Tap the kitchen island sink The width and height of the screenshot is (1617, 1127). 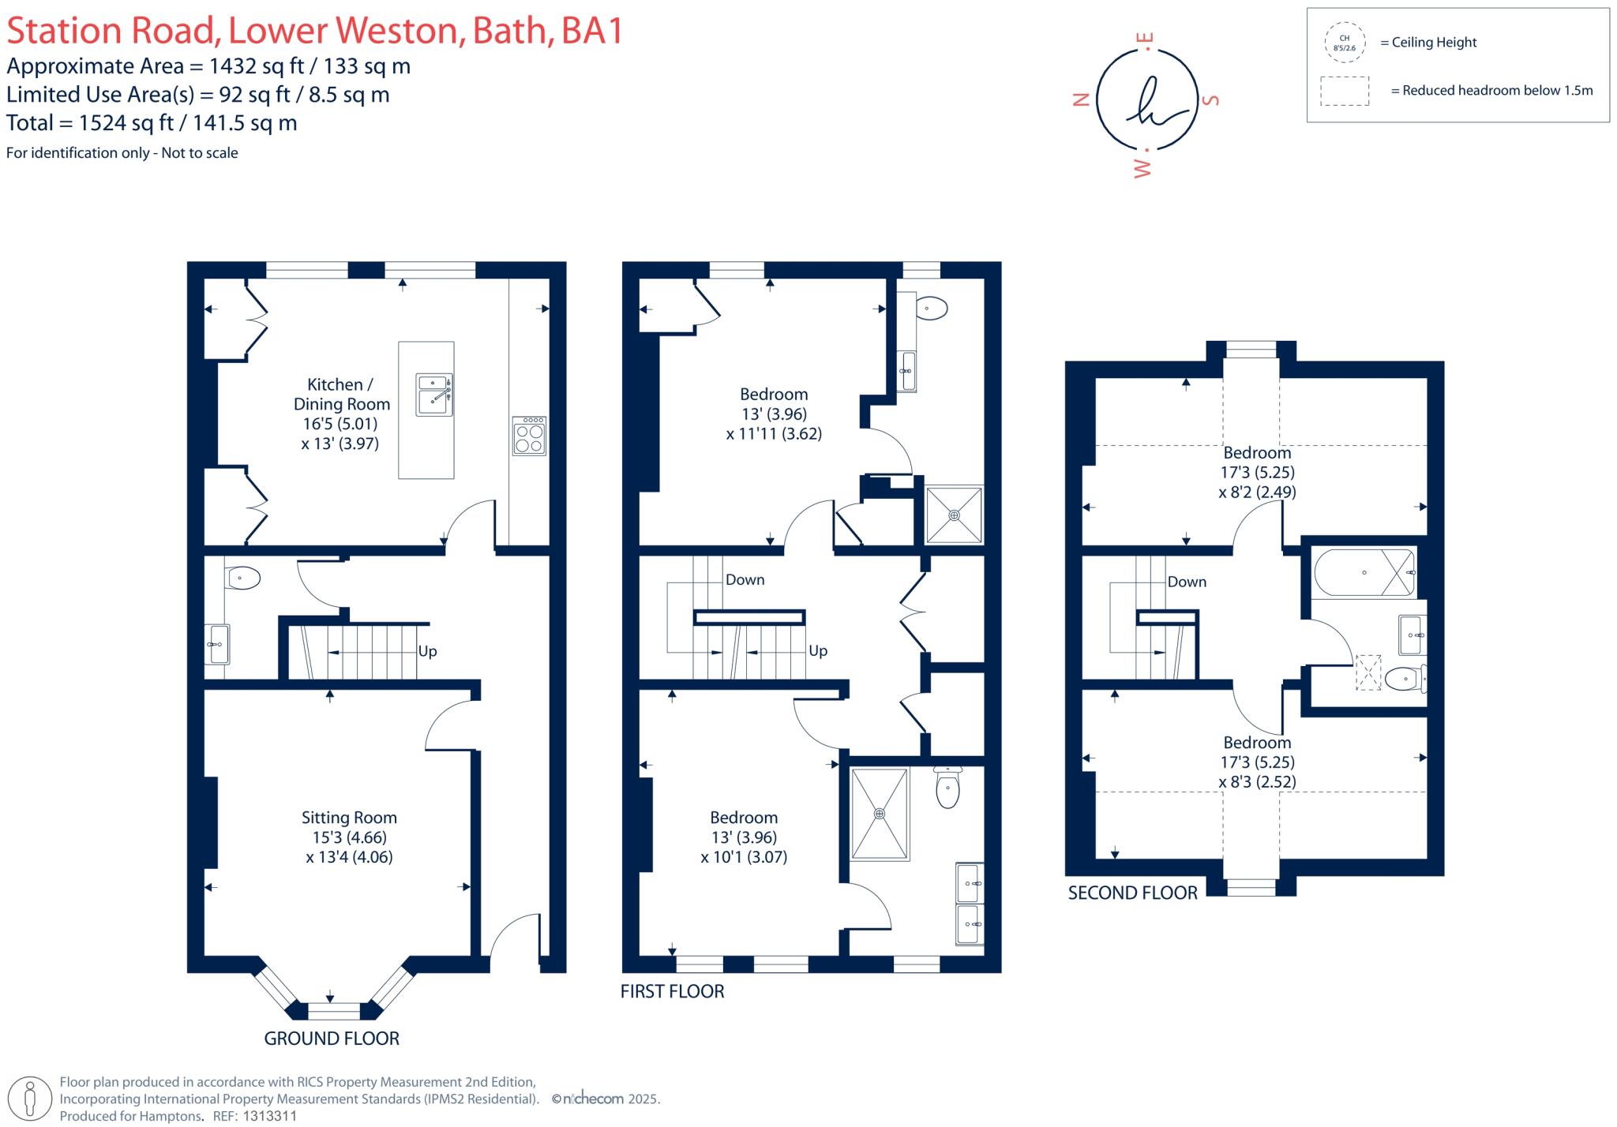pyautogui.click(x=434, y=394)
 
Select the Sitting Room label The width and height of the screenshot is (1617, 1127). pyautogui.click(x=349, y=818)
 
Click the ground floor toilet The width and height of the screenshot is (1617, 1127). pyautogui.click(x=244, y=578)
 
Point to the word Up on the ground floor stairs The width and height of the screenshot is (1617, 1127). pyautogui.click(x=427, y=651)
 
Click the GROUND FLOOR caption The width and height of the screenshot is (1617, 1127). pyautogui.click(x=332, y=1039)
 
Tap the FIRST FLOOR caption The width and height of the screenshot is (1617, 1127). pyautogui.click(x=672, y=991)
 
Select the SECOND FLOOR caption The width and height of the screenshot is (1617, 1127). pyautogui.click(x=1132, y=893)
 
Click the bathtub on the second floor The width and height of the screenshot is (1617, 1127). pyautogui.click(x=1364, y=572)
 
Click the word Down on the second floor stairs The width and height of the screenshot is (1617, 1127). pyautogui.click(x=1187, y=582)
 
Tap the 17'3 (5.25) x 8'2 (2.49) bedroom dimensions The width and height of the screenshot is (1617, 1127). pyautogui.click(x=1257, y=482)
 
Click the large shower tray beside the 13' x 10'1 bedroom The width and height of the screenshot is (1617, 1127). pyautogui.click(x=879, y=814)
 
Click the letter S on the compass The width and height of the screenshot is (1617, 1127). pyautogui.click(x=1210, y=99)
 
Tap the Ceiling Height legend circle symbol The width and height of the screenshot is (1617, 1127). pyautogui.click(x=1344, y=43)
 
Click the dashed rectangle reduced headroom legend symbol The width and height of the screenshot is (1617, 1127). pyautogui.click(x=1344, y=91)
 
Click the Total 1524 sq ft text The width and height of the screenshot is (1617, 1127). pyautogui.click(x=152, y=123)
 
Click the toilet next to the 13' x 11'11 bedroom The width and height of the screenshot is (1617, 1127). pyautogui.click(x=932, y=308)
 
